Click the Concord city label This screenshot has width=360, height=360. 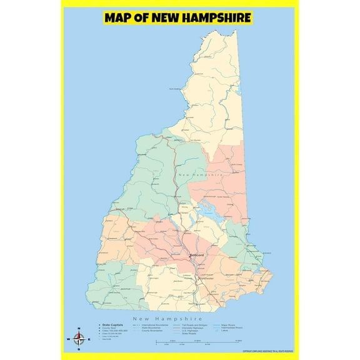click(198, 255)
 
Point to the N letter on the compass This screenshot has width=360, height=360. click(79, 329)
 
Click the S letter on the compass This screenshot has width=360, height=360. click(79, 348)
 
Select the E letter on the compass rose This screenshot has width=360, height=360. click(88, 339)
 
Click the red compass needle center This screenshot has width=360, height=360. click(79, 339)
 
